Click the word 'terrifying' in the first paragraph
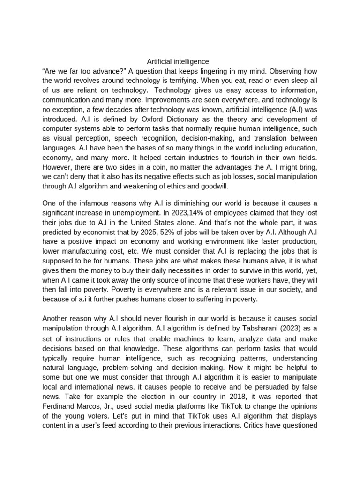pos(210,81)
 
